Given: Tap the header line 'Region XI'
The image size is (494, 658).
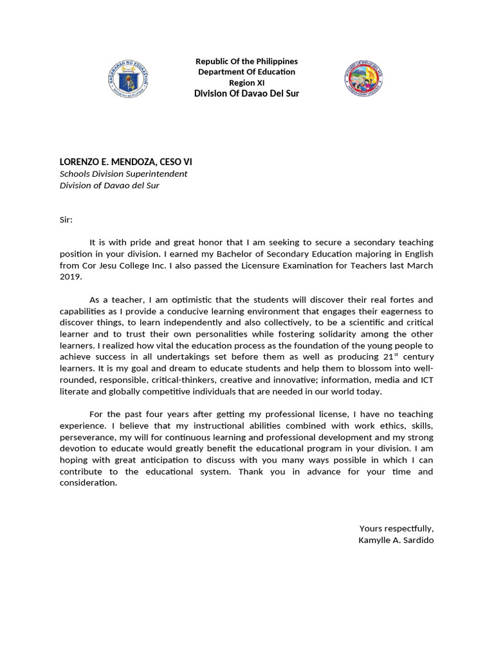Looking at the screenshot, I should (x=246, y=83).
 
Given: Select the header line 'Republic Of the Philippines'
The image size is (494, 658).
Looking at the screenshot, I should (x=246, y=61).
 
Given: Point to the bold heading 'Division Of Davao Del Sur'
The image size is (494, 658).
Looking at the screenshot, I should (x=246, y=94).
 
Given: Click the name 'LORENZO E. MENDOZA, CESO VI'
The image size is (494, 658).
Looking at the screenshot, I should (x=125, y=162).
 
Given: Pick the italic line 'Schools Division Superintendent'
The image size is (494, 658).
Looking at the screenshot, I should (x=123, y=173).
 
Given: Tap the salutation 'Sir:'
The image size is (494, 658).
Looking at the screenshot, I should (x=66, y=220).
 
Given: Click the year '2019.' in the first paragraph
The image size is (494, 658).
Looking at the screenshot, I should (x=71, y=277).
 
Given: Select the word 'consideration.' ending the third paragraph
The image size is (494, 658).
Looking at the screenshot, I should (x=88, y=483).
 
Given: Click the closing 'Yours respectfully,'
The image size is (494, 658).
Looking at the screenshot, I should (x=396, y=528).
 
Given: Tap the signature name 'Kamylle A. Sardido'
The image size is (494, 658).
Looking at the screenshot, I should (x=396, y=540).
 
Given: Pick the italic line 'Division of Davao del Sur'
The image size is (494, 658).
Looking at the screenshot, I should (x=109, y=185).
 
